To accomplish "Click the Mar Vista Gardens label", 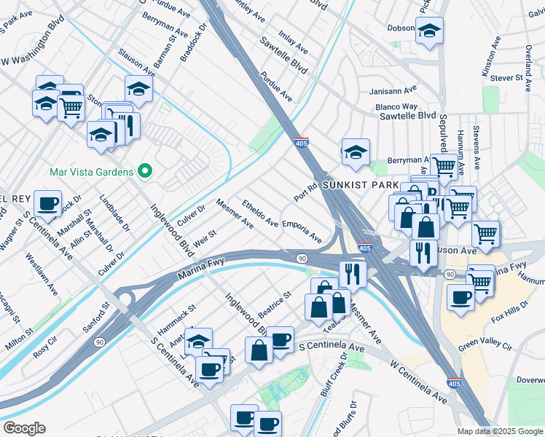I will coord(91,172).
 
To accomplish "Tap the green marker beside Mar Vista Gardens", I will coord(145,172).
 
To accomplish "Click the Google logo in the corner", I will coord(24,428).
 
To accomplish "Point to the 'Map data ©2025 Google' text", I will coord(499,431).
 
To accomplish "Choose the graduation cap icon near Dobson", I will coord(429,31).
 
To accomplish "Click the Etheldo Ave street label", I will coord(260,213).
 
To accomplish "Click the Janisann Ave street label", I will coord(392,90).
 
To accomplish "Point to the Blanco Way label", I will coord(396,106).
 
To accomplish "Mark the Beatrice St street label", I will coord(275,305).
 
